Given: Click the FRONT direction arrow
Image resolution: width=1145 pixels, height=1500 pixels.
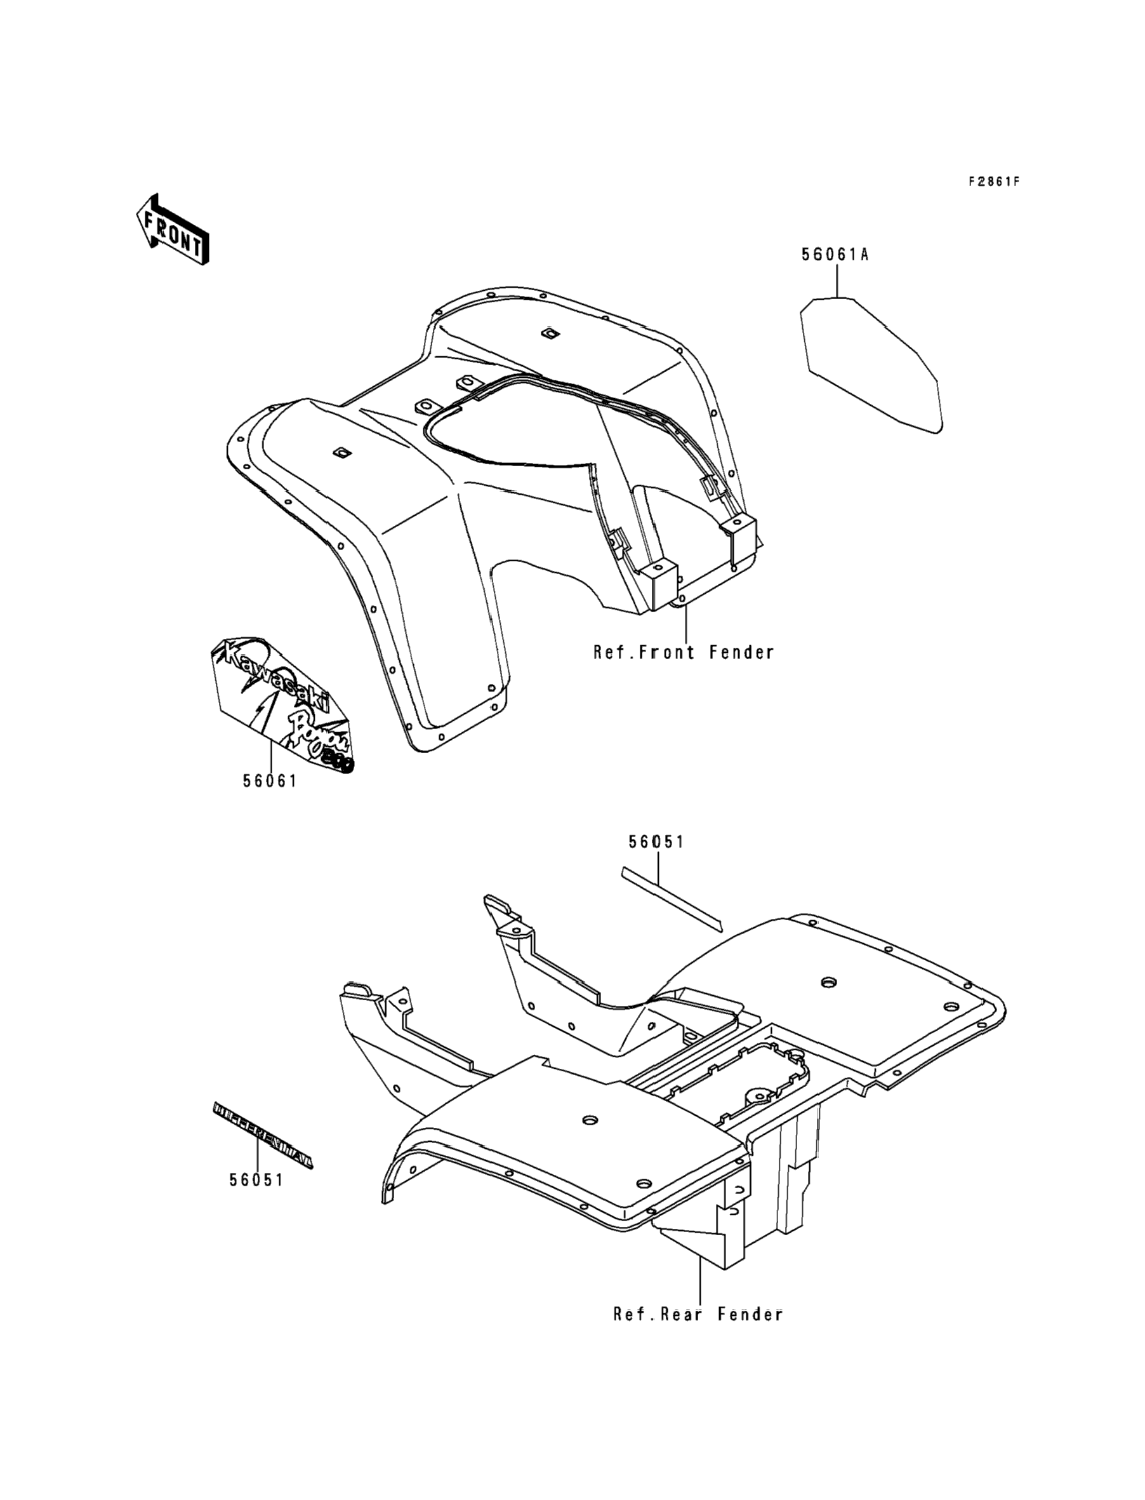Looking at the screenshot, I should [172, 229].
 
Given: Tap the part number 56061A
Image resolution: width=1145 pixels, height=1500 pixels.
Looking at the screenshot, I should [835, 255].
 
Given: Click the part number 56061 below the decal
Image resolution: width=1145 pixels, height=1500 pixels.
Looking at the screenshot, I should [270, 781].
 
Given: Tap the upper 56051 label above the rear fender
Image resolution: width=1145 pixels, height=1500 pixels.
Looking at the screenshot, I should [656, 843].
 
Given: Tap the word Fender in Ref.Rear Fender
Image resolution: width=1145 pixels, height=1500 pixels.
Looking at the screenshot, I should [750, 1315].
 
